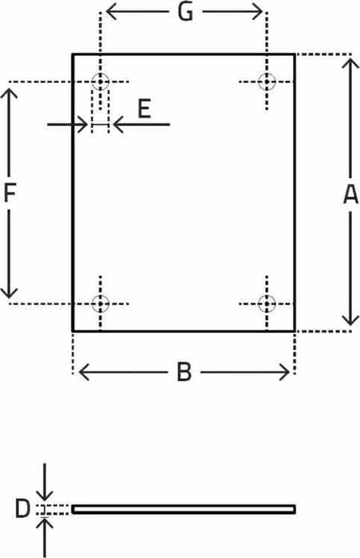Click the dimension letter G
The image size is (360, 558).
[186, 12]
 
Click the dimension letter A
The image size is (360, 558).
[351, 194]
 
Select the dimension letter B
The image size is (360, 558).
[184, 372]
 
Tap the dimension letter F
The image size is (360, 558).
[10, 192]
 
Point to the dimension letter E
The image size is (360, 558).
[145, 109]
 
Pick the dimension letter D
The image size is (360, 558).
[23, 509]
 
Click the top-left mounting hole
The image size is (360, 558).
[101, 81]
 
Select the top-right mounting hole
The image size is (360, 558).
[267, 81]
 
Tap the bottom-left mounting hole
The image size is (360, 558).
[101, 304]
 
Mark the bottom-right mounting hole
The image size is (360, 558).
[267, 304]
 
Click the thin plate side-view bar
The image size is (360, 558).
[183, 510]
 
